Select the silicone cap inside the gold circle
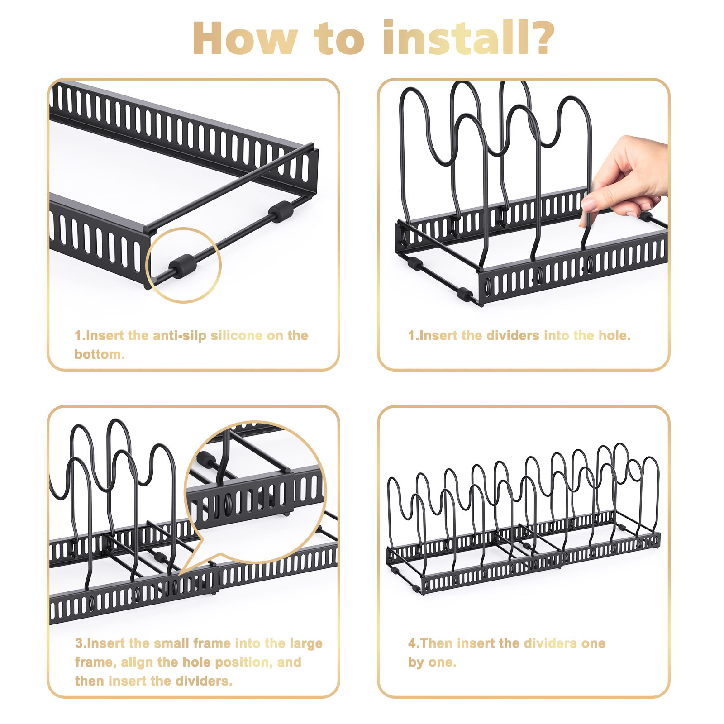pos(183,265)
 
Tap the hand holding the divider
pos(627,176)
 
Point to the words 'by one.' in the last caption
pos(432,662)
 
